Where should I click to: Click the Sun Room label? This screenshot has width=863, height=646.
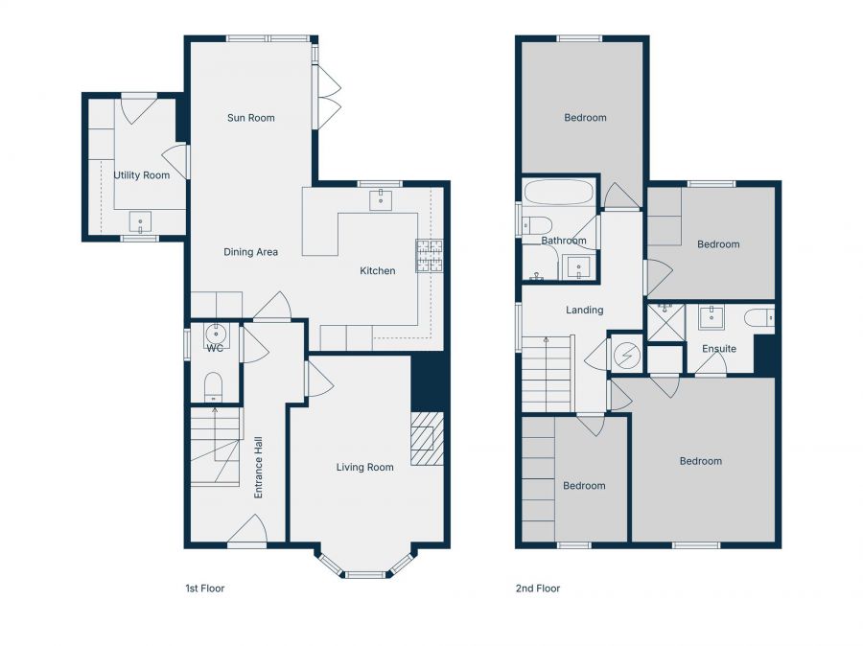pyautogui.click(x=250, y=118)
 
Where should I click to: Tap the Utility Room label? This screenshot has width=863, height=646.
pyautogui.click(x=141, y=175)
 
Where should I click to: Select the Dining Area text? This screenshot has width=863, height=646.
pyautogui.click(x=250, y=252)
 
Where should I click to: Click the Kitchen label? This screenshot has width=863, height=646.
pyautogui.click(x=377, y=271)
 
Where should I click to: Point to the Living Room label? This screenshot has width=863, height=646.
pyautogui.click(x=364, y=468)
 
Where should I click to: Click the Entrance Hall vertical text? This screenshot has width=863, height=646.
pyautogui.click(x=258, y=468)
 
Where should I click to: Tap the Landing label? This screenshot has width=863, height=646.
pyautogui.click(x=584, y=310)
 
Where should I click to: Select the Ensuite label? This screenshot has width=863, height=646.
pyautogui.click(x=718, y=349)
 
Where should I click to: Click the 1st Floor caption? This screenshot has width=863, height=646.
pyautogui.click(x=204, y=588)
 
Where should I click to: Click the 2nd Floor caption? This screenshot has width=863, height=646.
pyautogui.click(x=538, y=588)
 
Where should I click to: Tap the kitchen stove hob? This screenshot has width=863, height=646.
pyautogui.click(x=428, y=256)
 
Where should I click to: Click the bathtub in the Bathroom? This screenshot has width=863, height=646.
pyautogui.click(x=558, y=193)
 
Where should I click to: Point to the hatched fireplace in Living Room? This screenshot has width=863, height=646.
pyautogui.click(x=427, y=439)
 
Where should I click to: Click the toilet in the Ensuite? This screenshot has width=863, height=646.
pyautogui.click(x=761, y=317)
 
